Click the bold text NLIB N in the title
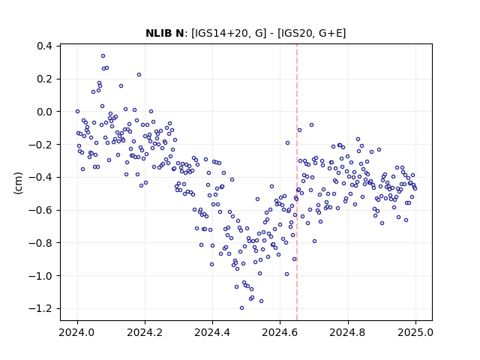[x=164, y=33]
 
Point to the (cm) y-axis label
[x=18, y=183]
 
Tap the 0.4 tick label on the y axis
[x=44, y=46]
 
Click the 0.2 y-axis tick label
[x=44, y=79]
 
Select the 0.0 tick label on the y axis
[x=44, y=112]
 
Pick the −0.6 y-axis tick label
[x=40, y=210]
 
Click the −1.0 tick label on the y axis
[x=40, y=276]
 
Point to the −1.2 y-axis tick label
[x=40, y=308]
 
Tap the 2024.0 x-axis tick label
[x=77, y=332]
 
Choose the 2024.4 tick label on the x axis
[x=212, y=332]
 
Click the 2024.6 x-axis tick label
[x=280, y=332]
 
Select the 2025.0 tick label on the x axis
[x=415, y=332]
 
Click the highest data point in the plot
[x=103, y=56]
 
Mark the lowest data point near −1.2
[x=241, y=308]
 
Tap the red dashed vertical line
[x=297, y=182]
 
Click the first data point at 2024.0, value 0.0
[x=77, y=112]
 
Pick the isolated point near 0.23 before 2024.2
[x=139, y=75]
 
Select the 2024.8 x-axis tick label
[x=348, y=332]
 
